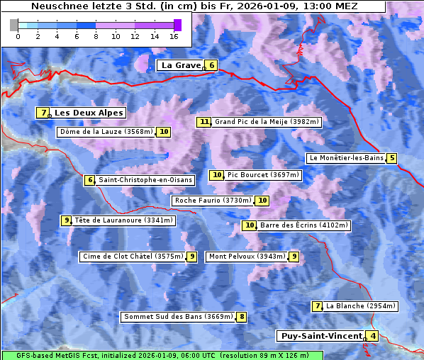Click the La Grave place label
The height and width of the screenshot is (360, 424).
coord(181,65)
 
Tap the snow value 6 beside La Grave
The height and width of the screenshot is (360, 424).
coord(211,65)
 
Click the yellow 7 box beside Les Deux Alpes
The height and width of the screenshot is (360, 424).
coord(44,113)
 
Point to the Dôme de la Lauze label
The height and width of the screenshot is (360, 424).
coord(106,132)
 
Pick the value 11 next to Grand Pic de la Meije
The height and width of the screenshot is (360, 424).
coord(204,122)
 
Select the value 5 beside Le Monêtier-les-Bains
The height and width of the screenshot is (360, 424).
coord(391,158)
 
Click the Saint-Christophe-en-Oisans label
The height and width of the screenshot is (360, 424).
coord(145,180)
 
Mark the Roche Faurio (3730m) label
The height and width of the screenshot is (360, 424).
coord(213,201)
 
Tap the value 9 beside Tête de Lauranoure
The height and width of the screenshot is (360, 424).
coord(66,220)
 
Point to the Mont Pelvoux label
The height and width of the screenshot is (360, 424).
coord(247,257)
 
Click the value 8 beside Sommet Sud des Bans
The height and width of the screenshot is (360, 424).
coord(242,317)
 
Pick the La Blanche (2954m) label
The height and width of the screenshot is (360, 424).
coord(360,306)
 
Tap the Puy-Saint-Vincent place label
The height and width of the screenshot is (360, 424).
coord(320,336)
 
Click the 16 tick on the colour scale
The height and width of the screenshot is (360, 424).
coord(174,36)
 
